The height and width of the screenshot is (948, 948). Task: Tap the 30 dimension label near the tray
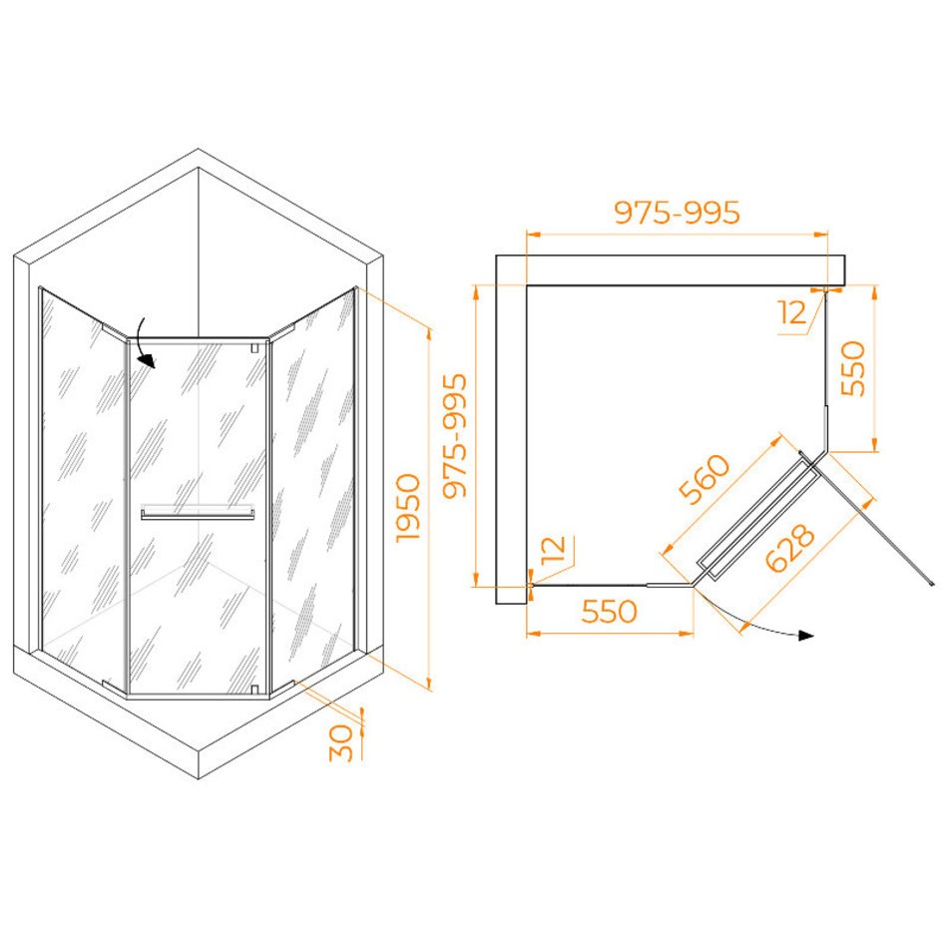tap(341, 742)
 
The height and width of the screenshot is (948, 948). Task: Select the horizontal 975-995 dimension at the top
tap(677, 213)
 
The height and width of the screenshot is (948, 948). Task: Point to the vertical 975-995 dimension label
tap(455, 435)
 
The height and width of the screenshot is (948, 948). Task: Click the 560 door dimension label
tap(705, 479)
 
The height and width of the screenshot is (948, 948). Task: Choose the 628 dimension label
tap(790, 548)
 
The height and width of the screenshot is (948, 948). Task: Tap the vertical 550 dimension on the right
tap(853, 368)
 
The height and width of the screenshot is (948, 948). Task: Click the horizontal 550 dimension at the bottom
tap(609, 612)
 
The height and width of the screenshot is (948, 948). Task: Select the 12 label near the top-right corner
tap(792, 312)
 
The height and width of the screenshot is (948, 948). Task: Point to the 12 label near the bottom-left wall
tap(553, 550)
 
